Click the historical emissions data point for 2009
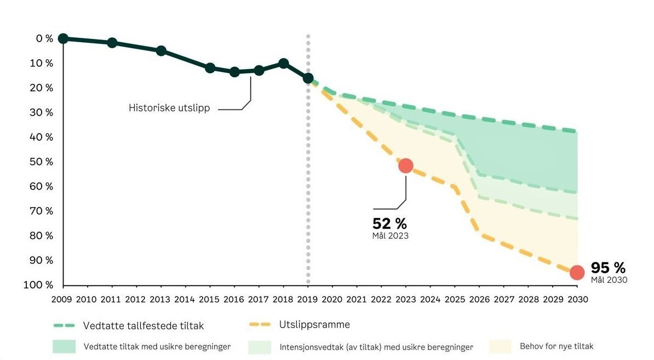pyautogui.click(x=63, y=38)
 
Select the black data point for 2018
pyautogui.click(x=283, y=64)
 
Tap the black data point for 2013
pyautogui.click(x=161, y=50)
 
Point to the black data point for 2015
pyautogui.click(x=210, y=68)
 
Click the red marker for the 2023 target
pyautogui.click(x=405, y=165)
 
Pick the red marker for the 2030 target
pyautogui.click(x=577, y=272)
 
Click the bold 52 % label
pyautogui.click(x=389, y=224)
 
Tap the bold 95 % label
pyautogui.click(x=607, y=268)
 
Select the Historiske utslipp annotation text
pyautogui.click(x=169, y=108)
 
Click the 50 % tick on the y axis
pyautogui.click(x=42, y=162)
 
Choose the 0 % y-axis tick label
pyautogui.click(x=44, y=38)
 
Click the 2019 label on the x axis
pyautogui.click(x=308, y=299)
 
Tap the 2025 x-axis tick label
pyautogui.click(x=455, y=299)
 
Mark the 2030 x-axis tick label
pyautogui.click(x=577, y=299)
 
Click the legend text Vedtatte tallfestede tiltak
pyautogui.click(x=144, y=326)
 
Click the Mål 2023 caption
pyautogui.click(x=390, y=236)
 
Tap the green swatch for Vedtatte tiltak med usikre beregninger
pyautogui.click(x=64, y=346)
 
